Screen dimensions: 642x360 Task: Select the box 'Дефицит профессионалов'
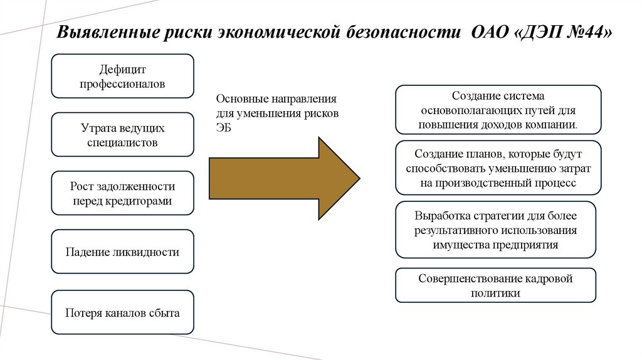click(122, 76)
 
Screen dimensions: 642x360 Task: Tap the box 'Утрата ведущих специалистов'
click(122, 135)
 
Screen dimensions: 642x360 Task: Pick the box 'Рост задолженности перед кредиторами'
click(122, 193)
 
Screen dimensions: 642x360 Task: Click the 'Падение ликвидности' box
click(122, 251)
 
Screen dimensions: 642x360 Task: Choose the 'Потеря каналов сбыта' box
click(122, 312)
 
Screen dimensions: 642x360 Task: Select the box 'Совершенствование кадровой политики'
click(495, 285)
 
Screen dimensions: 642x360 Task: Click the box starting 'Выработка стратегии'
click(495, 230)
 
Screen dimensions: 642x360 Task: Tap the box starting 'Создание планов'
click(498, 168)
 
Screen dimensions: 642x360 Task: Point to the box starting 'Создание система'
click(498, 110)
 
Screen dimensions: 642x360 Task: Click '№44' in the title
click(584, 32)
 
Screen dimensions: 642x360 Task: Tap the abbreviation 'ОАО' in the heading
click(490, 32)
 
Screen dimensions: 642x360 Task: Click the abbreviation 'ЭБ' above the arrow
click(224, 128)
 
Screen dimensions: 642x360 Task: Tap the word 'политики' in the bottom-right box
click(495, 294)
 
